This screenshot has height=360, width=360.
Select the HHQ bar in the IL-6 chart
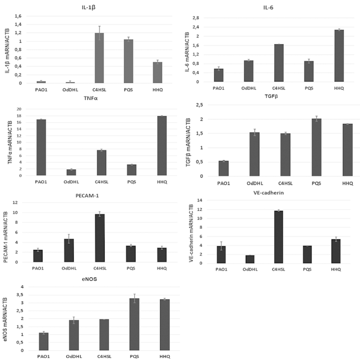[339, 56]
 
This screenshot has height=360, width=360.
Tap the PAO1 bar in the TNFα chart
[41, 147]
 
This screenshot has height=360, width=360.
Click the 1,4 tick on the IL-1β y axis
[18, 24]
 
